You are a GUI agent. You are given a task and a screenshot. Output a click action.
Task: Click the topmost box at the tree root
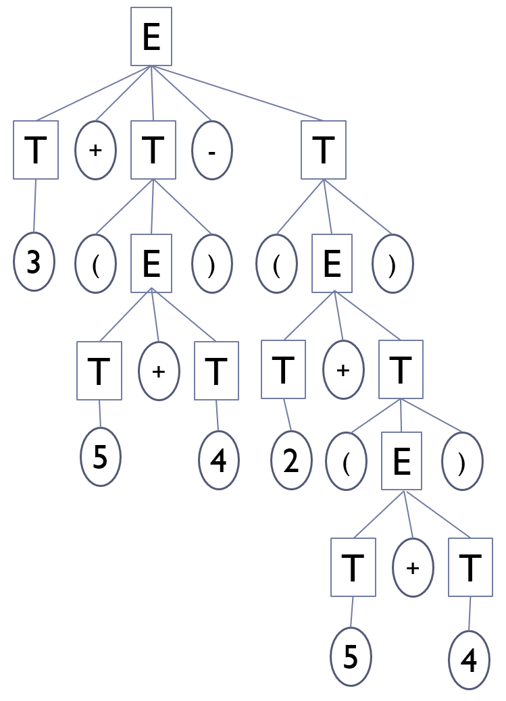click(151, 36)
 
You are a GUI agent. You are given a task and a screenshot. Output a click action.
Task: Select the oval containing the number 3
click(34, 262)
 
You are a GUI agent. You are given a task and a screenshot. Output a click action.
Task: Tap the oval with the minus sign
click(212, 151)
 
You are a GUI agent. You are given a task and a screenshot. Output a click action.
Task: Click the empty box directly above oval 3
click(36, 150)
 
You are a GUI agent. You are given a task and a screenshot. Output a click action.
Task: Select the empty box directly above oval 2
click(283, 369)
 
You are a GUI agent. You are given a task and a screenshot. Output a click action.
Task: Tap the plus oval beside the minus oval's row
click(96, 150)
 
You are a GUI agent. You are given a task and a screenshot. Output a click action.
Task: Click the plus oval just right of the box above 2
click(343, 369)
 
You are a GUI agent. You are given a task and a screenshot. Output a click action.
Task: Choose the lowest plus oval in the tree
click(413, 568)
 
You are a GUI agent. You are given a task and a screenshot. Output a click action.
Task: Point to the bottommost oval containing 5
click(351, 657)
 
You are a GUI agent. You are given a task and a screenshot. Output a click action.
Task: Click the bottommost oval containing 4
click(469, 660)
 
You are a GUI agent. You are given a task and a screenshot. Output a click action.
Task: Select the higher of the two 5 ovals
click(100, 457)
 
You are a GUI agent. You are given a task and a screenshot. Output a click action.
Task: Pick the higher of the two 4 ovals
click(219, 461)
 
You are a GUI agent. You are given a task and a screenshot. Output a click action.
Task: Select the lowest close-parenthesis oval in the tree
click(462, 462)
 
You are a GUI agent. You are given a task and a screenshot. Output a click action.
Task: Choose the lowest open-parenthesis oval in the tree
click(345, 463)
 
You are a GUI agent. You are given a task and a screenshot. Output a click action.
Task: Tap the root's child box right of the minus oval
click(324, 150)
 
